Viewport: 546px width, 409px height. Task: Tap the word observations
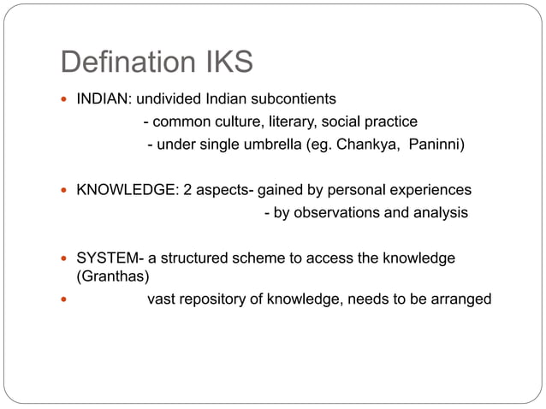pos(337,212)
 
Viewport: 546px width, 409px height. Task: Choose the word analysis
pos(440,212)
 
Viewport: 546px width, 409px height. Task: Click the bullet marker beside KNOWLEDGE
pos(64,189)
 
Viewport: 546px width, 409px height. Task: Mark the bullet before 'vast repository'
pos(64,299)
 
